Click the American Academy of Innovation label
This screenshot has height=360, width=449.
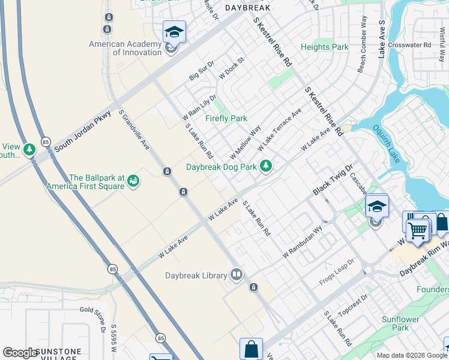pos(125,48)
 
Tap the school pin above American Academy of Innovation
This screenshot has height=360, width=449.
pos(174,32)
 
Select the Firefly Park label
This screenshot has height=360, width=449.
pos(226,118)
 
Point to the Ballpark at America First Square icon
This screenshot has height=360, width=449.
pos(133,181)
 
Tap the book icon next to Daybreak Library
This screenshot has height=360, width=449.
pos(237,275)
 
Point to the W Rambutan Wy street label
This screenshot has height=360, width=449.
pos(303,243)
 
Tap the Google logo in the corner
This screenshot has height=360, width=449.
pos(20,352)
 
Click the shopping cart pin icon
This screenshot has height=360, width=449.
pos(418,229)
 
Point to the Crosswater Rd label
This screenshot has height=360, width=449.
pos(409,44)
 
